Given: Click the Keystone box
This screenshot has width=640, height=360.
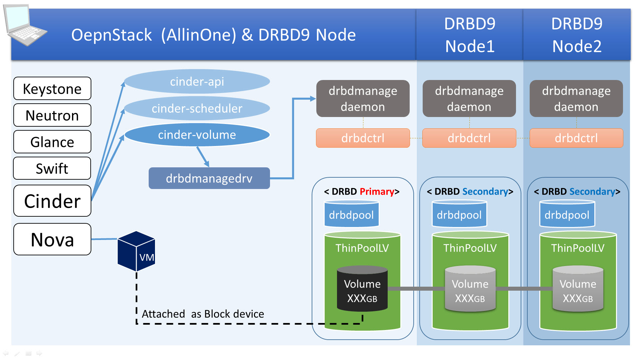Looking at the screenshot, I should click(52, 89).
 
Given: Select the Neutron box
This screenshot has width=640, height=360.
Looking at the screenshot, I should click(52, 115).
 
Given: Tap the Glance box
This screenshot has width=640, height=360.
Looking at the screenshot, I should click(52, 142).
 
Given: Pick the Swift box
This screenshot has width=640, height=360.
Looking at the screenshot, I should click(52, 168).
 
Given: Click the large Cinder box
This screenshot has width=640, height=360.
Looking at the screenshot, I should click(52, 201).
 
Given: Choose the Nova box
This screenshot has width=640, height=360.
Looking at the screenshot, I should click(52, 239).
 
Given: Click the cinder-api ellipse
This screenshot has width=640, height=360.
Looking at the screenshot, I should click(197, 82).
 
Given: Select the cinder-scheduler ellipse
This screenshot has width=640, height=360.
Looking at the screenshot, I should click(197, 108).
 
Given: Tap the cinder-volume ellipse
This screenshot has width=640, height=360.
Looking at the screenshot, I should click(197, 135).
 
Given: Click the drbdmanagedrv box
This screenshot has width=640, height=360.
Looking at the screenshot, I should click(209, 178).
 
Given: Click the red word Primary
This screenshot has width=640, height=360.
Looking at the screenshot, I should click(377, 192).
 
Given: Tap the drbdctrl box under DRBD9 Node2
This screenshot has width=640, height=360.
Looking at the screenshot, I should click(576, 138).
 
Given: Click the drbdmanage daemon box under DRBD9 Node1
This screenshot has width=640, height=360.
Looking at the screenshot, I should click(469, 99).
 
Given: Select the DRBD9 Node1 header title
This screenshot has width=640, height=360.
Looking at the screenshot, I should click(470, 35).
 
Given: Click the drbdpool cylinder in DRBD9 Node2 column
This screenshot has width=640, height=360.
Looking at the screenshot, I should click(567, 214).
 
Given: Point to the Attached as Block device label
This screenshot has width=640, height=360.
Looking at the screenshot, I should click(203, 314).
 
